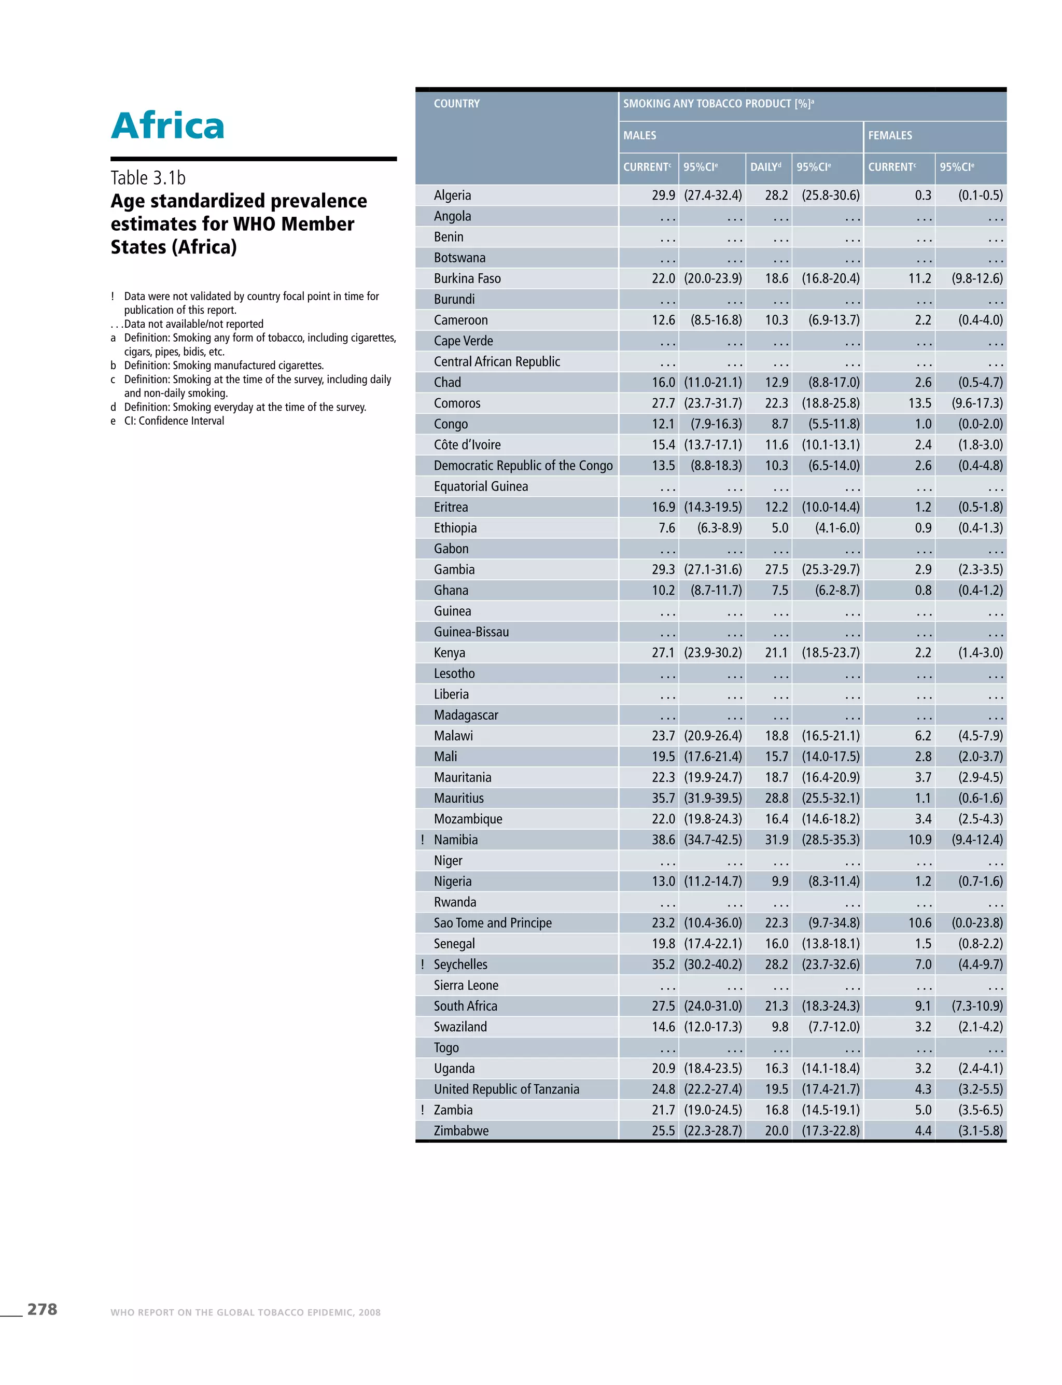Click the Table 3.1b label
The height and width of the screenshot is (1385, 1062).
pos(148,178)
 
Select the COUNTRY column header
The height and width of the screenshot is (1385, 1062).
pos(456,104)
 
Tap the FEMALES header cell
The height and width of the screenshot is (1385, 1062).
pos(889,135)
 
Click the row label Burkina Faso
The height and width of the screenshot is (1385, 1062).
pos(467,278)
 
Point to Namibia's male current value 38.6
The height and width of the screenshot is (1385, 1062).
pos(663,840)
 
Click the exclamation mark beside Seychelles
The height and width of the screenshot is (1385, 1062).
pos(422,964)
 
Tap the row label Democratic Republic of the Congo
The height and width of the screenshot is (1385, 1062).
pos(523,465)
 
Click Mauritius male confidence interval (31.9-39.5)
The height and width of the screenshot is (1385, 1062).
pos(712,798)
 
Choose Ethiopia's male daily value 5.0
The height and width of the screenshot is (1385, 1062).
pos(779,528)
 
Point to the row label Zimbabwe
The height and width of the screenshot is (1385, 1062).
pos(461,1130)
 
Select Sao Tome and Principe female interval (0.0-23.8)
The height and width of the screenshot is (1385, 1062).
pos(976,922)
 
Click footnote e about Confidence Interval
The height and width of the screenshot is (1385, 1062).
pos(174,421)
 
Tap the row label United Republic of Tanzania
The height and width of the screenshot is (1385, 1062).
pos(506,1088)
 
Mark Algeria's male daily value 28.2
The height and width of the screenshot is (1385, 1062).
pos(776,195)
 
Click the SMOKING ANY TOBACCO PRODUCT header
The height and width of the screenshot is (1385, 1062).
pos(718,104)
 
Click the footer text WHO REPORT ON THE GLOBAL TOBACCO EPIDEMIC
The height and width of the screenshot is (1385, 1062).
pos(245,1312)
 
